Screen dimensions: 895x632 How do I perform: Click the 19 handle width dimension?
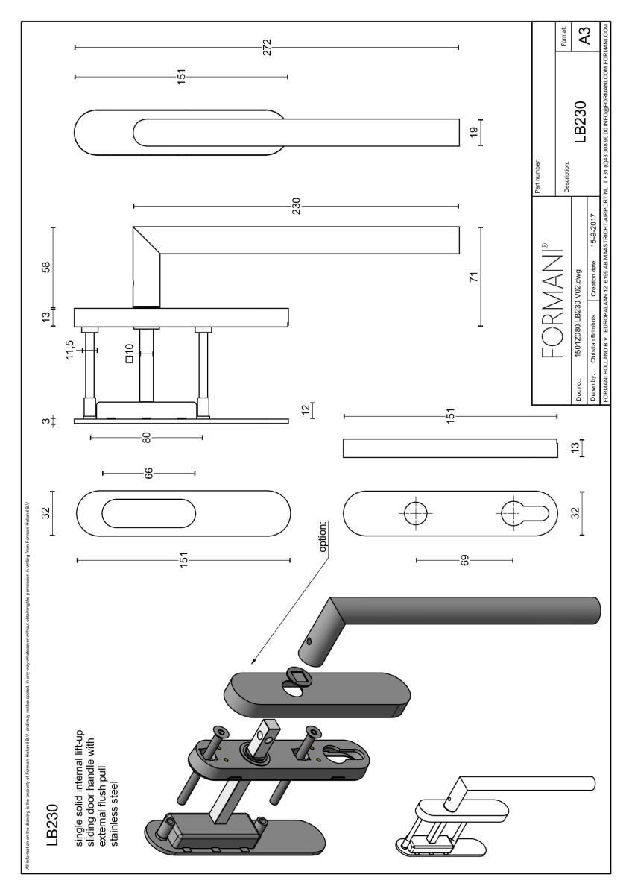pyautogui.click(x=473, y=130)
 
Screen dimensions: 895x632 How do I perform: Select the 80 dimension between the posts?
pyautogui.click(x=147, y=437)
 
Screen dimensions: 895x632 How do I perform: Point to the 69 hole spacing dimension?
pyautogui.click(x=464, y=559)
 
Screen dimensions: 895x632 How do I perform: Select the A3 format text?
pyautogui.click(x=586, y=35)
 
